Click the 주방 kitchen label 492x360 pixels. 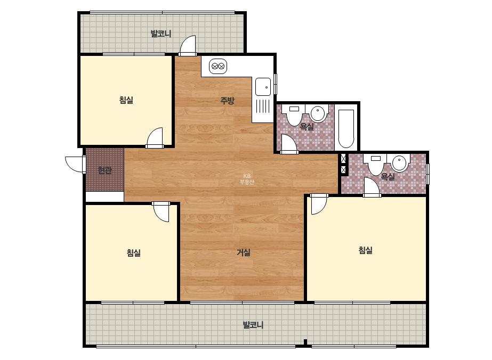point(227,101)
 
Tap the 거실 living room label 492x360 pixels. point(244,252)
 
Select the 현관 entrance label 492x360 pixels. point(104,170)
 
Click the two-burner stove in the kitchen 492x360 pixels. point(218,66)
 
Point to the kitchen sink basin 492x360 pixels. point(263,87)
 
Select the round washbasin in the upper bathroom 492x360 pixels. point(318,113)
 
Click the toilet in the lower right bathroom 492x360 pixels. point(376,165)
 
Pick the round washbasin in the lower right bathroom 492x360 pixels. point(399,163)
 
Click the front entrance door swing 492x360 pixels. point(74,164)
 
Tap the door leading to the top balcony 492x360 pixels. point(188,45)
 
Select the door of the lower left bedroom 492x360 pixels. point(161,212)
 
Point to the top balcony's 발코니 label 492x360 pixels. point(161,33)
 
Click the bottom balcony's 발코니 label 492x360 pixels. point(253,324)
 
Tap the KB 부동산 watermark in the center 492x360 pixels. point(247,179)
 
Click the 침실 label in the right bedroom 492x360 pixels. point(366,250)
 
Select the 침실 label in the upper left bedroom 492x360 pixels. point(126,100)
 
